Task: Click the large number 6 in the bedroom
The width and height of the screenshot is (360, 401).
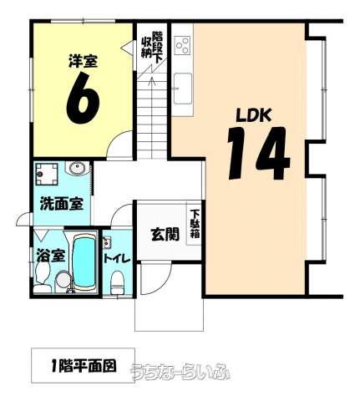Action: pos(83,98)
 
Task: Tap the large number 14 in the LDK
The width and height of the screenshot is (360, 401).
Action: pos(258,153)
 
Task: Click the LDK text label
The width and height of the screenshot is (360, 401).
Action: pos(254,115)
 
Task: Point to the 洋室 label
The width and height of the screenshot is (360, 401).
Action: pos(83,61)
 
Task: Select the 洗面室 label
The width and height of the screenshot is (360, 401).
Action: pos(62,204)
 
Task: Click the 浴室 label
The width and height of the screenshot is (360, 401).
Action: pos(51,256)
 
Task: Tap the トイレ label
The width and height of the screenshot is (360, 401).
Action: pos(117,259)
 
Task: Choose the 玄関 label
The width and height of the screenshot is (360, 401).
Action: pos(165,235)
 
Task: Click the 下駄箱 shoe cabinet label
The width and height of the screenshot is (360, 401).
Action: pos(195,224)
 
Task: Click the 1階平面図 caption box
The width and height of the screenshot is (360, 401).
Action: pos(83,365)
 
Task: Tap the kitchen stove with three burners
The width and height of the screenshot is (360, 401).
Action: pos(182,45)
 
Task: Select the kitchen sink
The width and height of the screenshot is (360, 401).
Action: pos(183,89)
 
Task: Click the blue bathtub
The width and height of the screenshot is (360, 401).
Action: pos(84,262)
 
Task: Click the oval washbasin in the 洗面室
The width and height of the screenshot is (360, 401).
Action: pos(77,169)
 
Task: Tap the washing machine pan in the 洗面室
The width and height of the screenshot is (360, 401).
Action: pos(47,175)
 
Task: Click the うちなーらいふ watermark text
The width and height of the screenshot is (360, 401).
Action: pos(180,372)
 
